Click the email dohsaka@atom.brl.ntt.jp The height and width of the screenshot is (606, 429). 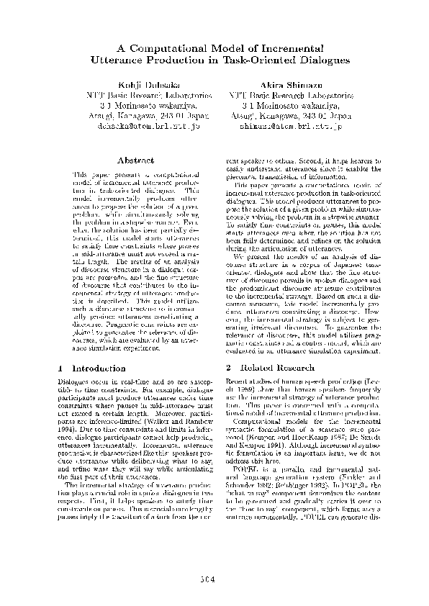point(148,125)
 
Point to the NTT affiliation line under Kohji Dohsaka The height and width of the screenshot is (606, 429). point(148,94)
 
